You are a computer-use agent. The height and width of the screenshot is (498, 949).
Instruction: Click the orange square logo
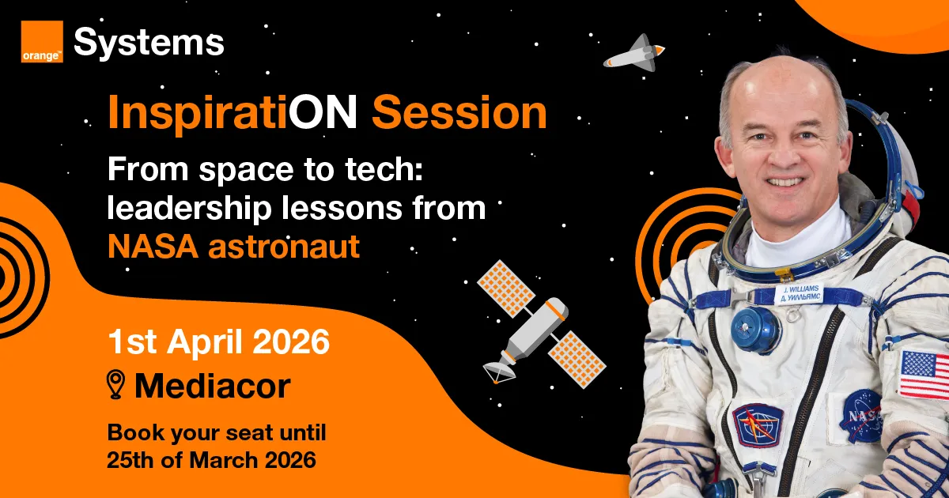click(42, 42)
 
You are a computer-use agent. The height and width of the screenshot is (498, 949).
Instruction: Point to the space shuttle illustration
click(633, 54)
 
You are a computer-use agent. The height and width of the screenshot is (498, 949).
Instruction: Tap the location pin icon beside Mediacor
click(117, 386)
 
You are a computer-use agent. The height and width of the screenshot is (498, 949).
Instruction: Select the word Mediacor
click(212, 387)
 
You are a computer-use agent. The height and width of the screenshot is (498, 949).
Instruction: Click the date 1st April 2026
click(218, 344)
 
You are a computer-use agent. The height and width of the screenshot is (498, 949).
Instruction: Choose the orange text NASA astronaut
click(233, 247)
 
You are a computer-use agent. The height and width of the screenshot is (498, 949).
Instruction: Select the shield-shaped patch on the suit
click(757, 425)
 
